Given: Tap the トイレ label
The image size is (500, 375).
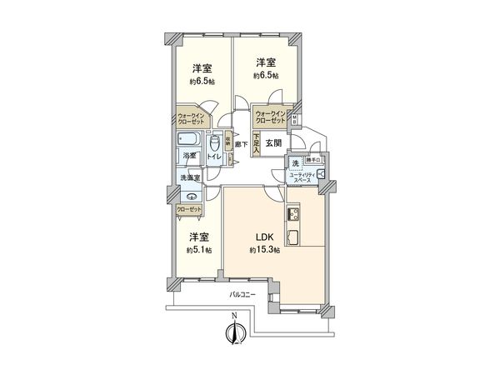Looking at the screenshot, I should coord(214,156).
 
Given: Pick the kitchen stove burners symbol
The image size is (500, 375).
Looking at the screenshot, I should coord(294,215).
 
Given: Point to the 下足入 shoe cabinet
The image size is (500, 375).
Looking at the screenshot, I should coord(257,142).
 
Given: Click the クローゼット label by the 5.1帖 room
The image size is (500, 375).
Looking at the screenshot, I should coord(188,209).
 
